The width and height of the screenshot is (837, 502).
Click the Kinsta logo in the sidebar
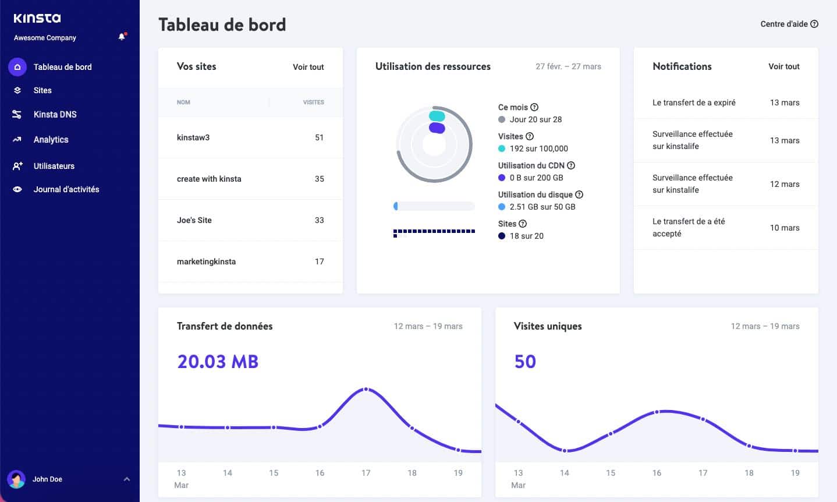tap(37, 18)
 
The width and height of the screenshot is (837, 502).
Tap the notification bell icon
tap(122, 37)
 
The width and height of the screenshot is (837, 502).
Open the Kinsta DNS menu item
tap(55, 114)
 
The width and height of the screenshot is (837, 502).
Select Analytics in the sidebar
tap(51, 140)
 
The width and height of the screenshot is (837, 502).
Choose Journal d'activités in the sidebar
tap(66, 189)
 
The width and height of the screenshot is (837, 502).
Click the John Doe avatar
tap(16, 479)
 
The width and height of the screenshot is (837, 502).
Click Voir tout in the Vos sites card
tap(308, 67)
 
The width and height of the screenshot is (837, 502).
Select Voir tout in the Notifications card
tap(783, 66)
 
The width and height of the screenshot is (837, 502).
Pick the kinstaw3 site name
tap(193, 137)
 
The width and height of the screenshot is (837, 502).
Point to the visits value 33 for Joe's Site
tap(319, 220)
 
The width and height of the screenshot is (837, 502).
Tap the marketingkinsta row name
tap(206, 261)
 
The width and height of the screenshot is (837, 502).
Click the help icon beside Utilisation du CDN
tap(571, 165)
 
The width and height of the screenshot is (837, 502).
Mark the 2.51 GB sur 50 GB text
tap(542, 207)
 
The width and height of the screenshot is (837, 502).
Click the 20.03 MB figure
tap(218, 362)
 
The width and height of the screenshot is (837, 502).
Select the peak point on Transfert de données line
tap(366, 389)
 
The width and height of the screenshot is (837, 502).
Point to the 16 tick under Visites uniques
tap(657, 473)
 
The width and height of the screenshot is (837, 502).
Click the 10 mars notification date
tap(784, 228)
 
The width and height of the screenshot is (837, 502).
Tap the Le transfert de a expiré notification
tap(694, 102)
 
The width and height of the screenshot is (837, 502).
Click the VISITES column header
tap(313, 102)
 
